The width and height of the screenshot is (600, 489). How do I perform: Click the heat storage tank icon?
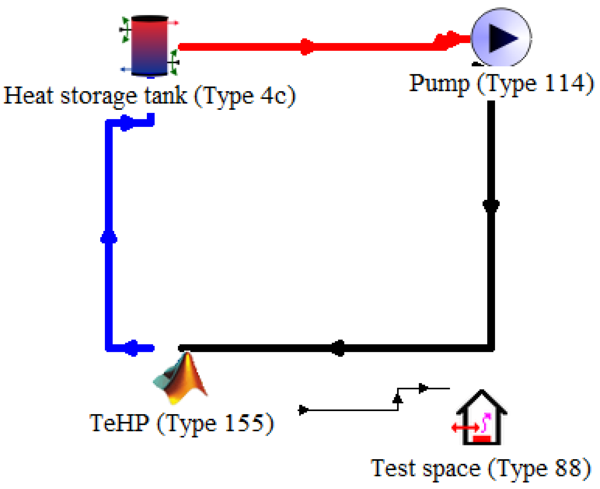(150, 46)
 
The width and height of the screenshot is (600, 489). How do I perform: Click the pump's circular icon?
(501, 38)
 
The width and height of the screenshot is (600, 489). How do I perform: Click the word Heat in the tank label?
(28, 96)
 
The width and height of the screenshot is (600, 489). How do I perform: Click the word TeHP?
(119, 423)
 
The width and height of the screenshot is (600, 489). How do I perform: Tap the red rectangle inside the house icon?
(481, 439)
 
